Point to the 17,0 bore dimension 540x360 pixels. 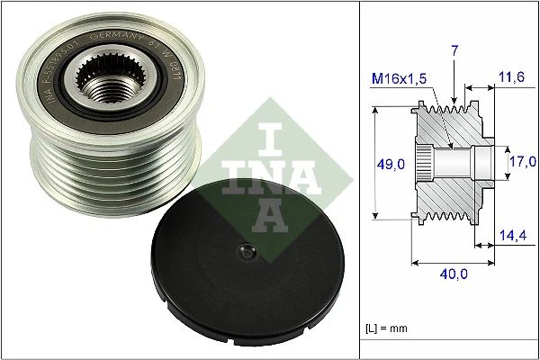tap(520, 162)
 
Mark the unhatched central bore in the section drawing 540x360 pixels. tap(454, 163)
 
